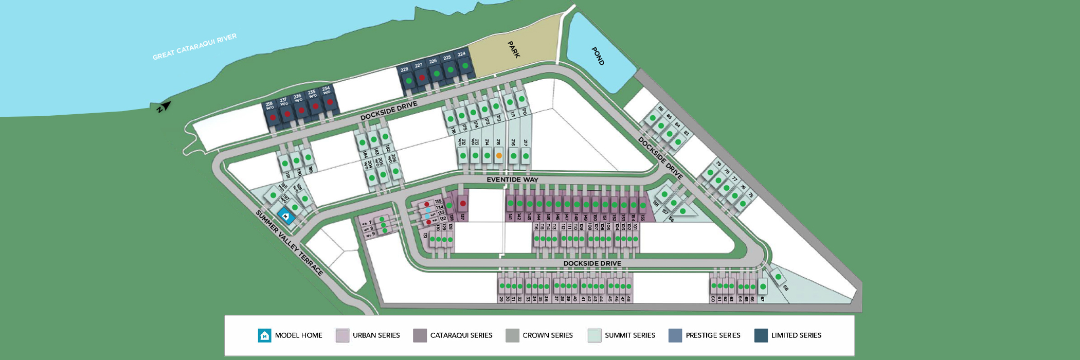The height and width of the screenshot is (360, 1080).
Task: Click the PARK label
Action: pos(514,50)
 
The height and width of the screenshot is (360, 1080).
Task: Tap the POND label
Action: pos(598,56)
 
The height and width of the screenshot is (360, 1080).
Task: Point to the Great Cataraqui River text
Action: pos(194,47)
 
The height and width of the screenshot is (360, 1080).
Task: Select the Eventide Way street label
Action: pos(512,179)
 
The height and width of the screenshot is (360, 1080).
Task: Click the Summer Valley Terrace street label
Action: pos(290,243)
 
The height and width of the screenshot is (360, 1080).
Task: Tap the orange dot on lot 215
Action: pos(499,155)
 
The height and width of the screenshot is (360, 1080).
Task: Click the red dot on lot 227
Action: pos(422,78)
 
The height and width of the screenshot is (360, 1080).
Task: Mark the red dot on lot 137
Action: pos(463,204)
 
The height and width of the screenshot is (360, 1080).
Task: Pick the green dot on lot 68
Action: pos(779,277)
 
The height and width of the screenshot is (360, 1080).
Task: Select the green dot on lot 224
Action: pos(465,66)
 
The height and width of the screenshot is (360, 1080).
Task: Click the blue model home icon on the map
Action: pos(286,217)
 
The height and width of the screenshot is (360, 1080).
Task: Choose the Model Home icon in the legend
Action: pos(264,336)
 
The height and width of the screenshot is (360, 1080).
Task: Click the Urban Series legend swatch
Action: pos(343,336)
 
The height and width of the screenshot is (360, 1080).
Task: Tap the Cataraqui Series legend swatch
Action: pos(420,336)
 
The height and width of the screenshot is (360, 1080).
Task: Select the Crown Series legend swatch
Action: pos(512,336)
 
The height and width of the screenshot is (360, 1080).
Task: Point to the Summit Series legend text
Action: pos(629,335)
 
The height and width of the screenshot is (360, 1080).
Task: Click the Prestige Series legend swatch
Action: pos(675,336)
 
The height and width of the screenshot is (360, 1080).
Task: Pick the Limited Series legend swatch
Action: pos(761,336)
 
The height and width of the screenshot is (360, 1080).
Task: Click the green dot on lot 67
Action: pos(763,286)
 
